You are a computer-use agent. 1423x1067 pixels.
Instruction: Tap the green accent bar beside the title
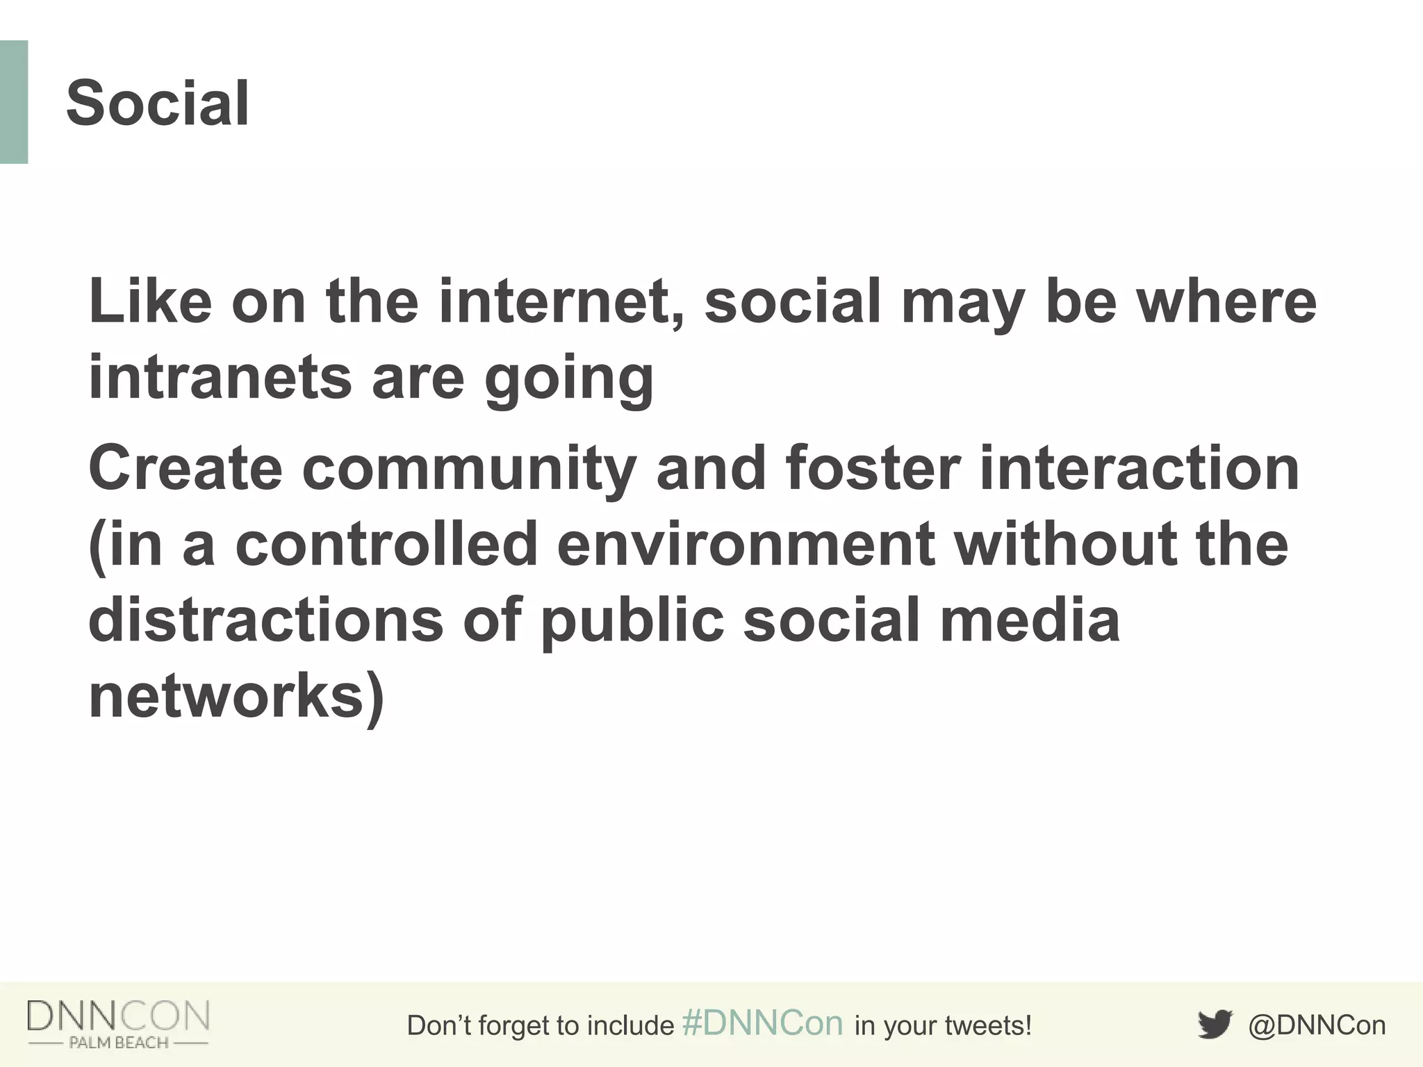[x=14, y=102]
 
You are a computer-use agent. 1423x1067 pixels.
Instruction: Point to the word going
[x=568, y=381]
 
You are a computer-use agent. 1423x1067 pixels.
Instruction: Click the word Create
[x=186, y=468]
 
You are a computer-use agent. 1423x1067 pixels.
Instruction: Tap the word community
[x=469, y=470]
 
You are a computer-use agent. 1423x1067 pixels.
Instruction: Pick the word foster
[x=873, y=468]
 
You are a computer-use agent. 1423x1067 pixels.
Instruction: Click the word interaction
[x=1139, y=468]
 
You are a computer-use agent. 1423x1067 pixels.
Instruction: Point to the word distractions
[x=265, y=620]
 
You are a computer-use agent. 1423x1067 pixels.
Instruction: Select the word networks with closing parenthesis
[x=236, y=696]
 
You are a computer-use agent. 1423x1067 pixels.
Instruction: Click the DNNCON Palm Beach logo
[x=118, y=1024]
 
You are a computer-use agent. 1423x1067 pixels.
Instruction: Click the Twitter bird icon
[x=1214, y=1025]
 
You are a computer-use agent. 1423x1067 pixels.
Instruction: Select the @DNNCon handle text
[x=1317, y=1025]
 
